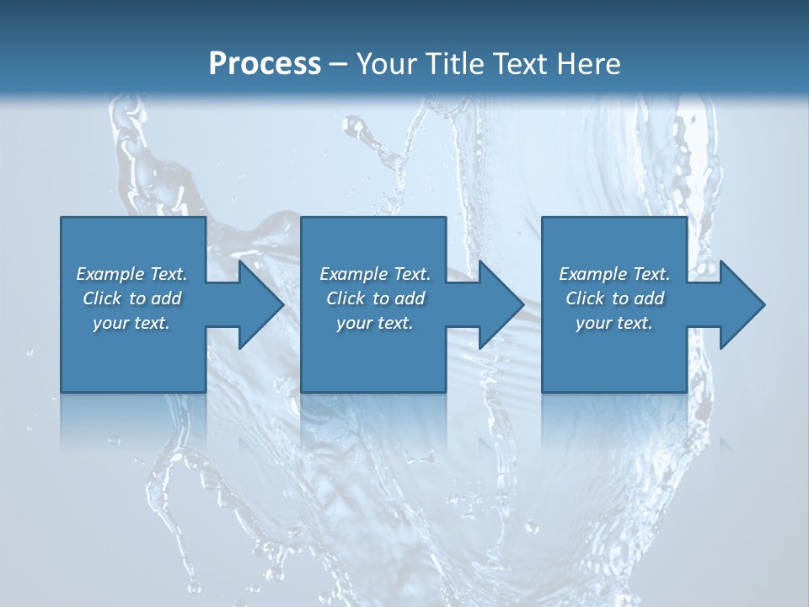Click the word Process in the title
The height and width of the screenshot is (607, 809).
click(265, 63)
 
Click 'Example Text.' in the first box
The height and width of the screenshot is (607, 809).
click(131, 274)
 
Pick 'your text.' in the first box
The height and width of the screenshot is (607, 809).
click(131, 323)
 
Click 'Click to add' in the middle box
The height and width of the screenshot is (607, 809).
click(375, 298)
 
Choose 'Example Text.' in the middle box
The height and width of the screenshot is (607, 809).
click(375, 274)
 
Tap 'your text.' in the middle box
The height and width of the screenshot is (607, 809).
click(375, 323)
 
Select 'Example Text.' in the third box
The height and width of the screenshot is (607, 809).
click(614, 274)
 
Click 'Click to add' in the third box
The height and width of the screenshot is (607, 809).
click(614, 298)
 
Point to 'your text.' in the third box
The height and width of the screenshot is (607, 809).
click(614, 323)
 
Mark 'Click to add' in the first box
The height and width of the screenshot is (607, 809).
click(131, 298)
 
